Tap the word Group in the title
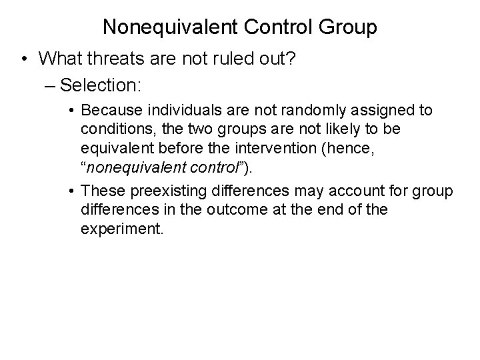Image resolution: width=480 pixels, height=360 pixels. [x=347, y=27]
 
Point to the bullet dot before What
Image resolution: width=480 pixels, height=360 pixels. [x=24, y=59]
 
